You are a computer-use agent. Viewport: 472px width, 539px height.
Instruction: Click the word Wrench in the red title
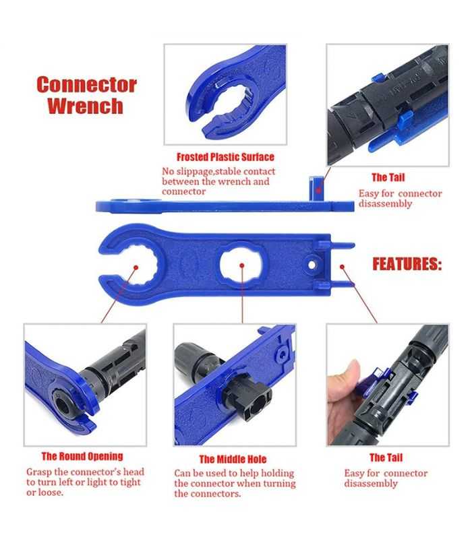85,106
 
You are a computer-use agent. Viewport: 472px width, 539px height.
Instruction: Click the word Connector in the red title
86,85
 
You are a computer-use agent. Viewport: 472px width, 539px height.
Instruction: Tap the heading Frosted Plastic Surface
225,157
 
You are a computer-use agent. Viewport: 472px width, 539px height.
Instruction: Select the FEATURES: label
407,264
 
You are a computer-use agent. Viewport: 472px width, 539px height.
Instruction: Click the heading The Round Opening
82,456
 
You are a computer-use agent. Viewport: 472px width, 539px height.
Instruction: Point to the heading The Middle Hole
233,459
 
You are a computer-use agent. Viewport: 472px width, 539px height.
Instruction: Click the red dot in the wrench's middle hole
242,265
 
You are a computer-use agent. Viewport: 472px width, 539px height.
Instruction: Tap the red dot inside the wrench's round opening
136,267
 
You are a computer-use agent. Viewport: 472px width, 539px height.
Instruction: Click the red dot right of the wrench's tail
342,266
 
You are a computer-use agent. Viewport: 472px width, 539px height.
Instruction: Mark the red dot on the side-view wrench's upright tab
319,189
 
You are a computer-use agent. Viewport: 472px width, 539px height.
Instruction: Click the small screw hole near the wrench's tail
312,265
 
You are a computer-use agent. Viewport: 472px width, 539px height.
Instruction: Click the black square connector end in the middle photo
255,402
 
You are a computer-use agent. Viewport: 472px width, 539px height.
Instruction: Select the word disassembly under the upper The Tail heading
385,204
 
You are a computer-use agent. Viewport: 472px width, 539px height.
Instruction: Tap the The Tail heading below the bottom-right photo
386,458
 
